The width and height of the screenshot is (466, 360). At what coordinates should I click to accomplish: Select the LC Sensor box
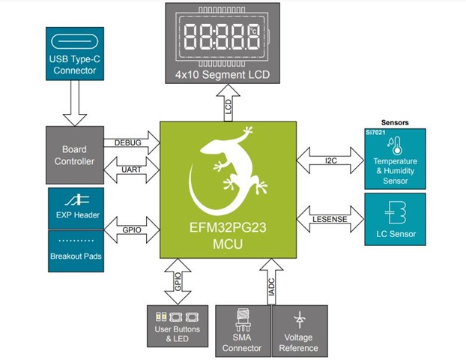pyautogui.click(x=394, y=217)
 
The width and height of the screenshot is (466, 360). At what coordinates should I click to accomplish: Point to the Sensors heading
pyautogui.click(x=394, y=121)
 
